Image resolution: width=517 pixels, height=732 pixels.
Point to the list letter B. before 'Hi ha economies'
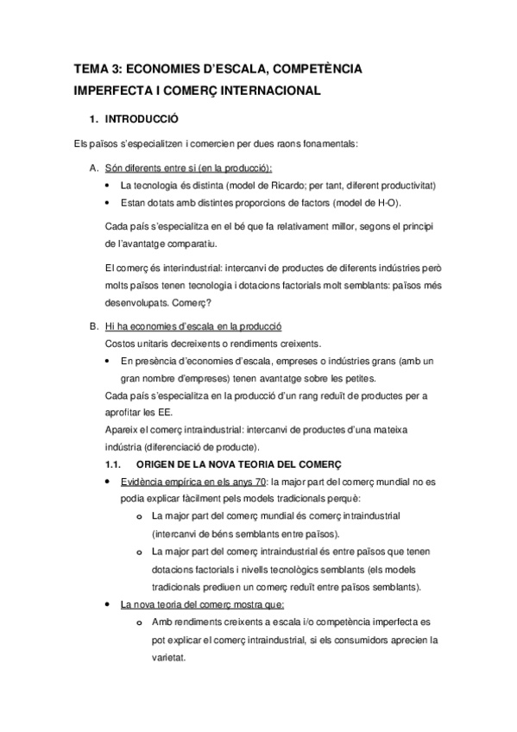tap(93, 327)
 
